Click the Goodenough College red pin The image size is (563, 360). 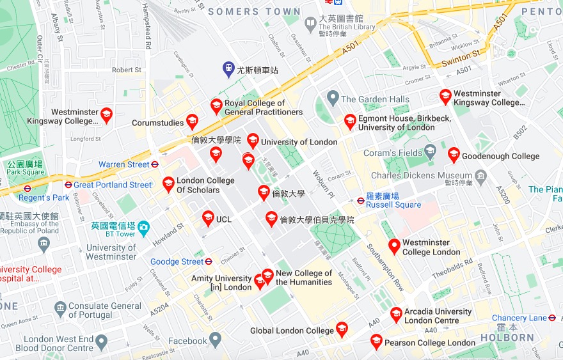[x=454, y=154]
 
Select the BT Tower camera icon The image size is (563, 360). [x=143, y=226]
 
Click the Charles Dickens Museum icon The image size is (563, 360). [x=481, y=175]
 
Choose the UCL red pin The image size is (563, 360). [x=208, y=218]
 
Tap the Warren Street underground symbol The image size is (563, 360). [x=155, y=164]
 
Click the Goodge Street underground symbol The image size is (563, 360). [x=209, y=262]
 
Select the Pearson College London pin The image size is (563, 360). [x=376, y=341]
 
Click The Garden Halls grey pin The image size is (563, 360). [x=332, y=98]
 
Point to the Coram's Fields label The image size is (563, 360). [x=393, y=153]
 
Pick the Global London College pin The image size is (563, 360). [x=342, y=329]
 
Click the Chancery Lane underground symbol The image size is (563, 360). [x=552, y=318]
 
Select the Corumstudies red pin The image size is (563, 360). [x=191, y=121]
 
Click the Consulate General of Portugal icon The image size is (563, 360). [x=60, y=310]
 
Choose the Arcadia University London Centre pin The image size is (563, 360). [x=396, y=315]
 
